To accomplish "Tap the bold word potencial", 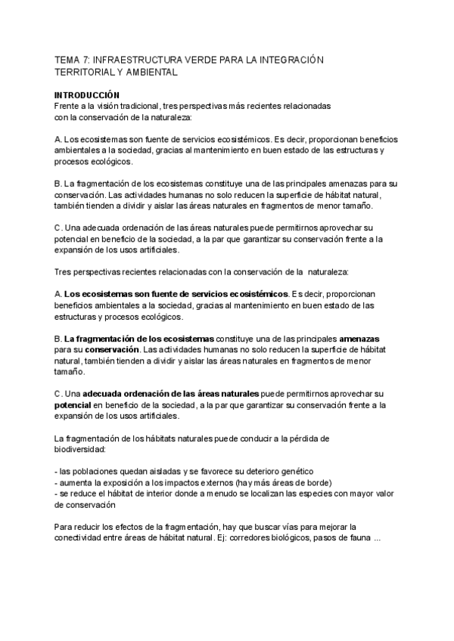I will pyautogui.click(x=73, y=405).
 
